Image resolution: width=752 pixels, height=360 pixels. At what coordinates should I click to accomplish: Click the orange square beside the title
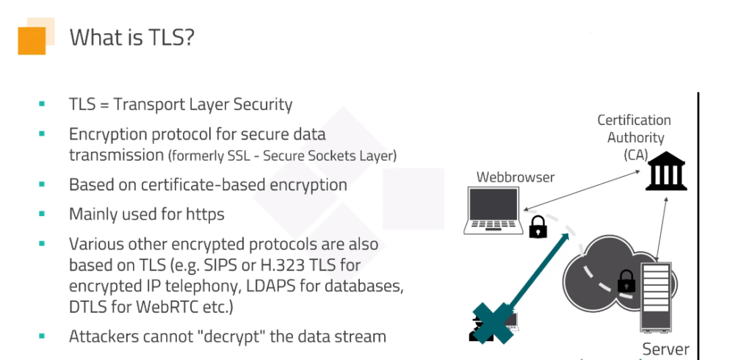click(x=32, y=40)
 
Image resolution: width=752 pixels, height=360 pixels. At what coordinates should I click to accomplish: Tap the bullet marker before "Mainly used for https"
click(x=42, y=214)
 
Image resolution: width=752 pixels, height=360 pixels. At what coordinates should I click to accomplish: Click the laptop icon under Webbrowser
click(x=493, y=210)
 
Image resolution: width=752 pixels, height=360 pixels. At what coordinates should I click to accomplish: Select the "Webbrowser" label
click(x=516, y=177)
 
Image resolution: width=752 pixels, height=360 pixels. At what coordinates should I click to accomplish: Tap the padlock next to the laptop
click(x=538, y=227)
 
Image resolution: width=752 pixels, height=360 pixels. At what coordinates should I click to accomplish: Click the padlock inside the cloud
click(x=626, y=281)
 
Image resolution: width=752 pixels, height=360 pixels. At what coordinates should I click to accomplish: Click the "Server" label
click(x=665, y=349)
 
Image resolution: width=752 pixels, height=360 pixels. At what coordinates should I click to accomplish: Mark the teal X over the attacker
click(x=493, y=322)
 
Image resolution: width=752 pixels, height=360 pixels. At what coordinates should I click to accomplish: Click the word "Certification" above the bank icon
click(x=634, y=120)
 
